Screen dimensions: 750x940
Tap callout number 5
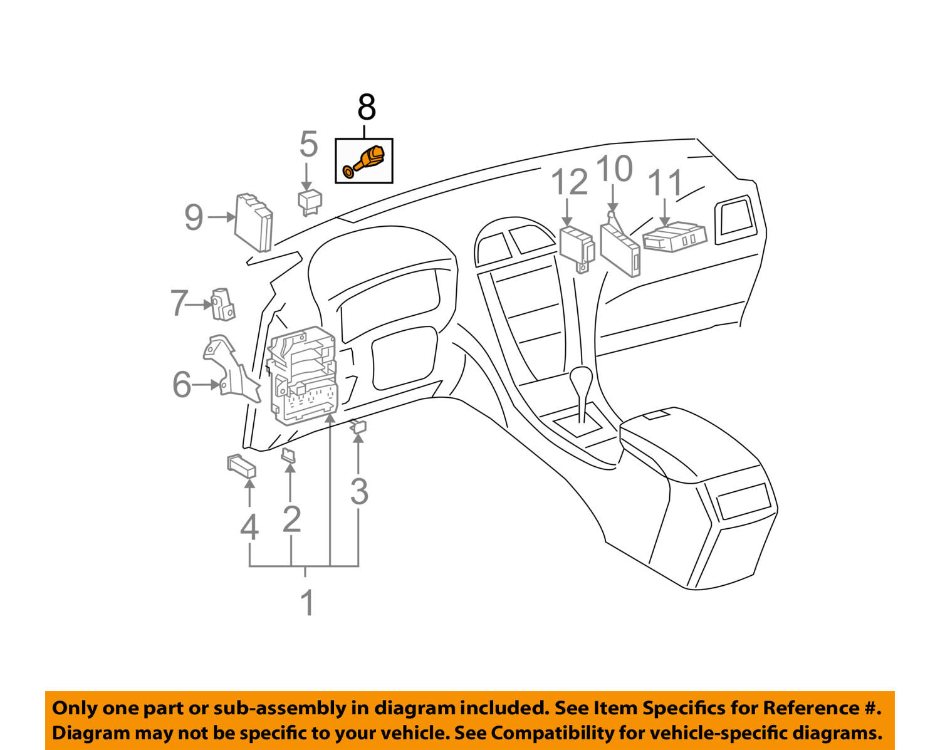[308, 144]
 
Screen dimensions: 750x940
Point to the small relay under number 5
[310, 201]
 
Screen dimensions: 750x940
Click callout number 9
[194, 217]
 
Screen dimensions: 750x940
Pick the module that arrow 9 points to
[254, 222]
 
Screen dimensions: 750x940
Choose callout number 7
[179, 304]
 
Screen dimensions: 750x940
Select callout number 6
[182, 384]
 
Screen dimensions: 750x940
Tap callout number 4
[249, 528]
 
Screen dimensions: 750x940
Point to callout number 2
[291, 519]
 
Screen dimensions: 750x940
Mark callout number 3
[358, 491]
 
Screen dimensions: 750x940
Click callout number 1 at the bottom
[306, 603]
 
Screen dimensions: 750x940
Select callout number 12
[570, 182]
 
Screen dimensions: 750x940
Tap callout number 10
[614, 169]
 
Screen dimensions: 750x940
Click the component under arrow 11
[674, 237]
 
